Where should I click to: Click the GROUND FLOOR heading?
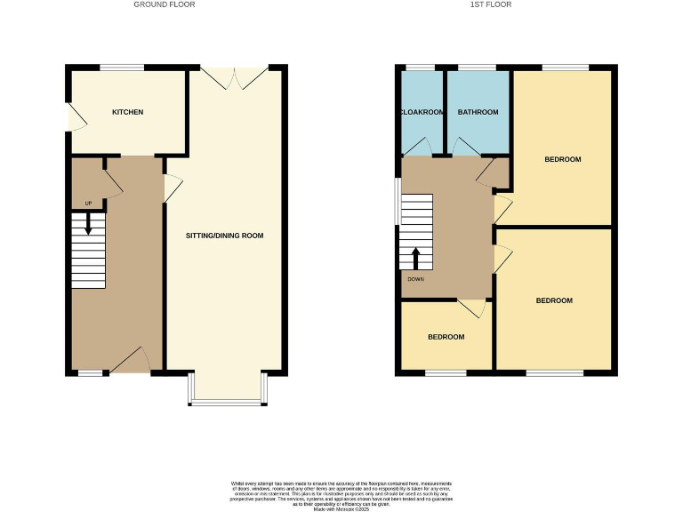click(x=164, y=4)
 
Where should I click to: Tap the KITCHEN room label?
click(x=127, y=112)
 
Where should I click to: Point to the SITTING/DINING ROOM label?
click(x=224, y=236)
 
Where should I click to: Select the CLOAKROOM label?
click(x=422, y=113)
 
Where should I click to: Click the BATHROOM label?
click(x=478, y=113)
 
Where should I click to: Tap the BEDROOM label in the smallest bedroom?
click(x=446, y=337)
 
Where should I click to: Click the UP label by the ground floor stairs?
click(x=88, y=204)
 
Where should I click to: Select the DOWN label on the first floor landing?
click(x=415, y=279)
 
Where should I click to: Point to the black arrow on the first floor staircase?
click(x=415, y=258)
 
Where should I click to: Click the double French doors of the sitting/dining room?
click(x=235, y=78)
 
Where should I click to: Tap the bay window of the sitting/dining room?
click(x=227, y=402)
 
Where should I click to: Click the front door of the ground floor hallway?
click(x=130, y=362)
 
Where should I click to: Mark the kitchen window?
click(x=121, y=68)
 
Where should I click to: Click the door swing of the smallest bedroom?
click(x=471, y=308)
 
